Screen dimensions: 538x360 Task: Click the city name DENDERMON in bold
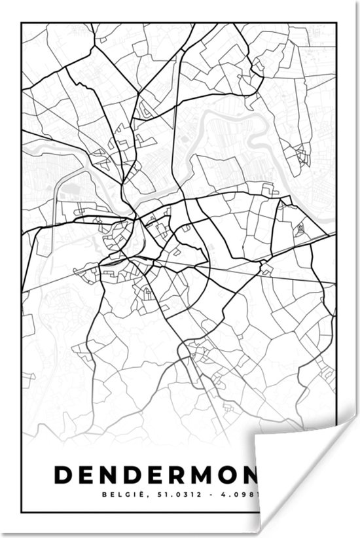[157, 475]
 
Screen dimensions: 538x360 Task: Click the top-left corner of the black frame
[22, 24]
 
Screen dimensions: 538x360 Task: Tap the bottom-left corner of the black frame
[22, 512]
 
